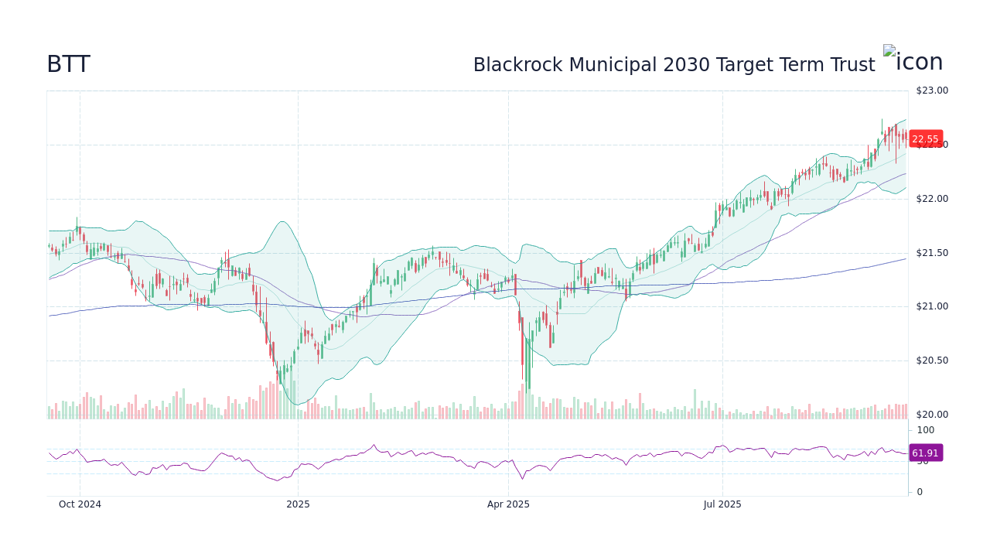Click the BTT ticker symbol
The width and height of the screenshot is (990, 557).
point(68,65)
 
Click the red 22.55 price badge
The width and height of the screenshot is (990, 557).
point(925,139)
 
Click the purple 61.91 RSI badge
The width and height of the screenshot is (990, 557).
point(925,453)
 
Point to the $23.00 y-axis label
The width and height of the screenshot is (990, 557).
point(931,91)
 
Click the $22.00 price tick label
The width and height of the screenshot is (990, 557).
point(931,199)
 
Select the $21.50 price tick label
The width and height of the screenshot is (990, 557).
point(931,253)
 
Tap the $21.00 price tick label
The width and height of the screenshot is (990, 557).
point(931,306)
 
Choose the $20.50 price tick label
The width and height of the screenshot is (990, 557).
point(931,361)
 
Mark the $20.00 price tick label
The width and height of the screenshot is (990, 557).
point(931,415)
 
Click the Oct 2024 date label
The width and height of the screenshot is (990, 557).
point(80,504)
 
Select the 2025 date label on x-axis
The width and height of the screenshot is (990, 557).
point(298,504)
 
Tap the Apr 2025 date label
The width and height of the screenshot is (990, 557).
point(508,504)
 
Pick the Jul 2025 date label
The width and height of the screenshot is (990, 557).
point(722,504)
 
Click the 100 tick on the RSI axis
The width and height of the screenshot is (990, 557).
point(926,430)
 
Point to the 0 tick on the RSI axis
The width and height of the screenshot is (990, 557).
point(920,492)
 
